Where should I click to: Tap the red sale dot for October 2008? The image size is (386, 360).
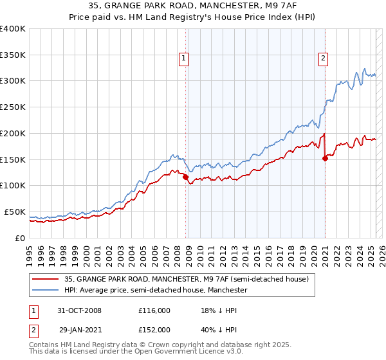[186, 177]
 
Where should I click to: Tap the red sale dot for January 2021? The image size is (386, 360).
[325, 158]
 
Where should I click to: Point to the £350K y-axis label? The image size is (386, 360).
[13, 55]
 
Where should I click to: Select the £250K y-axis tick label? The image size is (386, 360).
[13, 107]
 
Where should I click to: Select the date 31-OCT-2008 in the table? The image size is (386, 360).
[79, 310]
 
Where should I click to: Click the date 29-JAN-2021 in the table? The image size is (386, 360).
[79, 329]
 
